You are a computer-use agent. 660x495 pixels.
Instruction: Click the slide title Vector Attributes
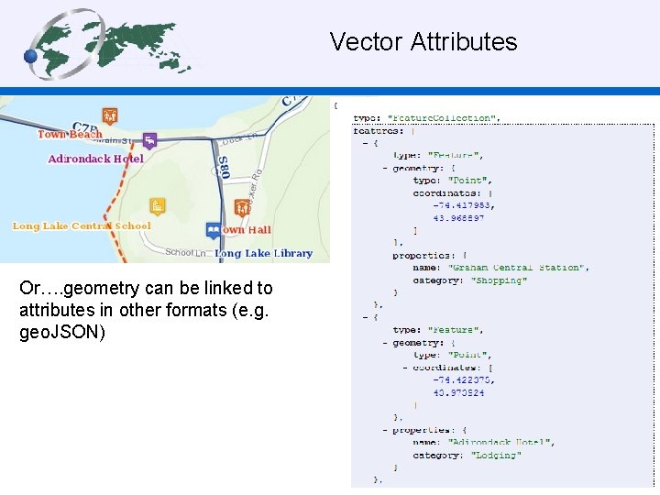coord(423,42)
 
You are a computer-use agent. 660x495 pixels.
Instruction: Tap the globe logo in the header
coord(110,44)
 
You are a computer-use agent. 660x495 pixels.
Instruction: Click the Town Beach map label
coord(70,135)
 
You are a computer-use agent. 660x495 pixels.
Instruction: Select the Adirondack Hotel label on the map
coord(96,159)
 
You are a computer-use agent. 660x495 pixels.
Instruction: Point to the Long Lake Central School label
coord(82,225)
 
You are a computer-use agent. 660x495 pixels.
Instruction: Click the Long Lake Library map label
coord(264,253)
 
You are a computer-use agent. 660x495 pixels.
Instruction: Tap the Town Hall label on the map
coord(245,229)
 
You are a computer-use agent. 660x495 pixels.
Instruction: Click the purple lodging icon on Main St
coord(149,140)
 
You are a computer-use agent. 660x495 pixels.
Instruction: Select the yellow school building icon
coord(158,206)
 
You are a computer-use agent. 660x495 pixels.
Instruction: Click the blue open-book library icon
coord(214,229)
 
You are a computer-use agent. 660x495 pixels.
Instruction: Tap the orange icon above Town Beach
coord(110,115)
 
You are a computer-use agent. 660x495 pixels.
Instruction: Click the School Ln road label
coord(179,252)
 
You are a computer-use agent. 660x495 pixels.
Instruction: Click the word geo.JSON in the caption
coord(62,332)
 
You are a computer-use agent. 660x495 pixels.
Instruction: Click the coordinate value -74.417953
coord(463,205)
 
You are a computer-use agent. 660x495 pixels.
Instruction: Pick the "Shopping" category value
coord(500,280)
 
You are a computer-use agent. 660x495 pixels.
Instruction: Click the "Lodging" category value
coord(496,455)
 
